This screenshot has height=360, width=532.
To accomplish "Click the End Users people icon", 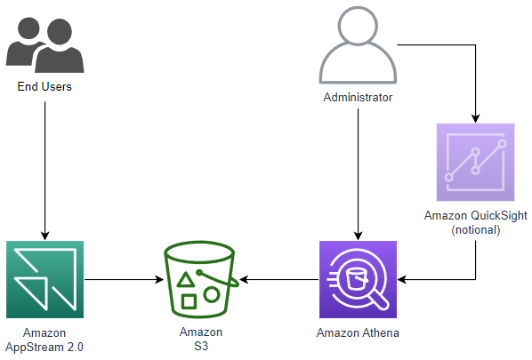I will point(44,44).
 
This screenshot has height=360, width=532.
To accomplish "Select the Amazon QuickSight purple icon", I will point(476,162).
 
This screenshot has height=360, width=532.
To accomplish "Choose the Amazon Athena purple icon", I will point(357,278).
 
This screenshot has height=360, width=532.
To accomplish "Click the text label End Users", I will point(44,87).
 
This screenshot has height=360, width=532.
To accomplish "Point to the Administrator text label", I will point(358,96).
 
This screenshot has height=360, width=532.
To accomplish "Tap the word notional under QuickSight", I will point(476,229).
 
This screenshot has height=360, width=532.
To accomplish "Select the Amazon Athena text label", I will point(357,332).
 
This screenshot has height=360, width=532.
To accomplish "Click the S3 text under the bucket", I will point(200,345).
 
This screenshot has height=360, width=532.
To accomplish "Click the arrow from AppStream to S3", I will point(125,279).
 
